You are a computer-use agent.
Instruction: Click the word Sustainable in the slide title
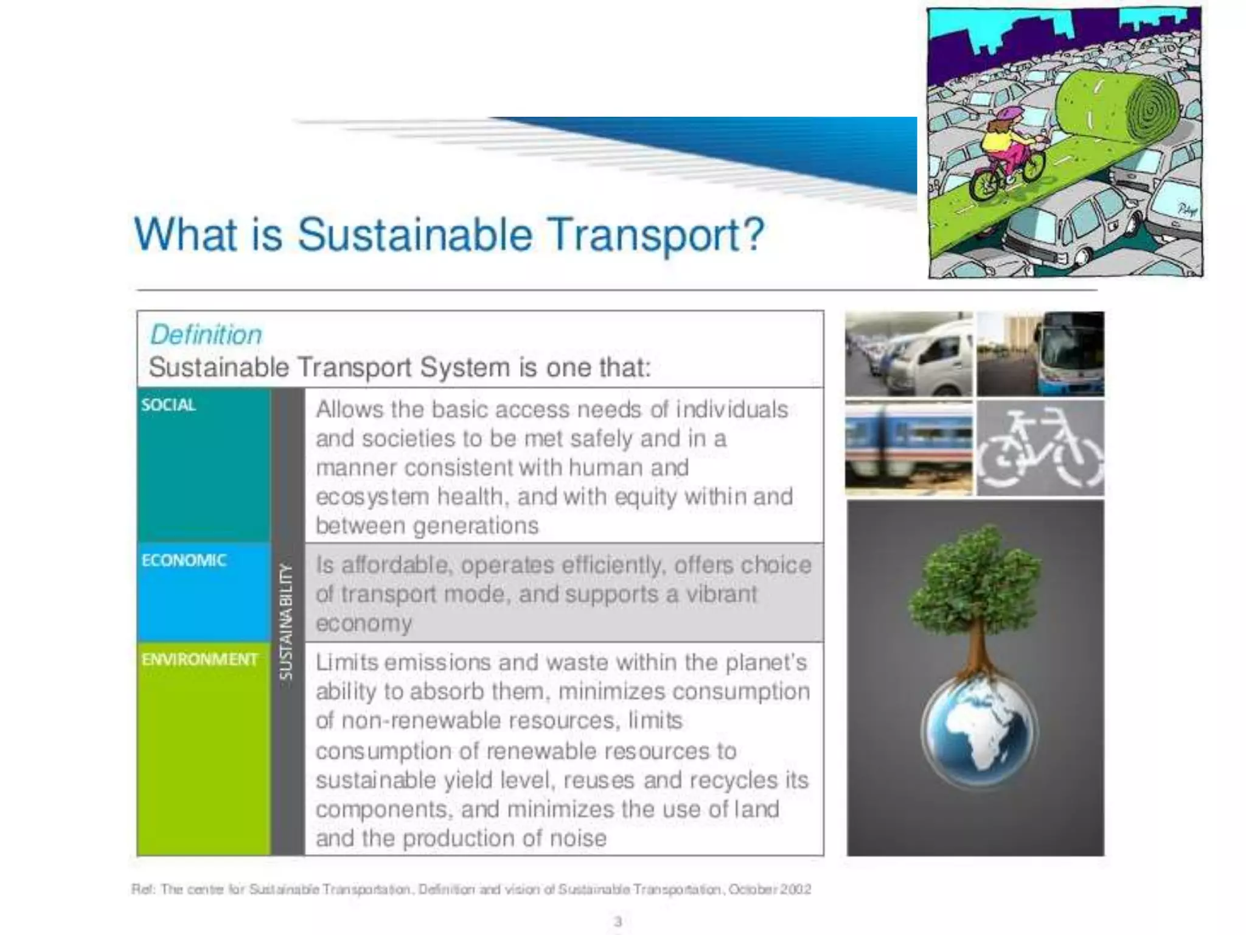coord(415,234)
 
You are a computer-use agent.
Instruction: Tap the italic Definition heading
coord(206,335)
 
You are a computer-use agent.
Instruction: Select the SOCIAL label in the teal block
coord(169,405)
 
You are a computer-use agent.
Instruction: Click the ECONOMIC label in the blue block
coord(184,560)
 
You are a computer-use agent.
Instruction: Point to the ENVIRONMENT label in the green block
coord(200,659)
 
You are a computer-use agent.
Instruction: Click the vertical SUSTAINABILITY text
coord(286,621)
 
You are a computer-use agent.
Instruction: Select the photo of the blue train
coord(908,447)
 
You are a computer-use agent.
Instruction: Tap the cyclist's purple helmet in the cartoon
coord(1008,114)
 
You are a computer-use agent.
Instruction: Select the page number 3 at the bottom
coord(618,922)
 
